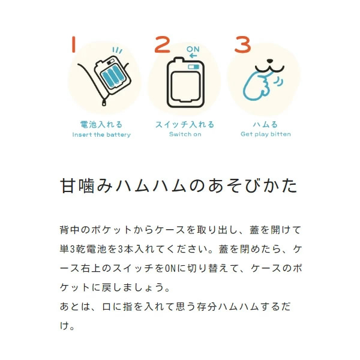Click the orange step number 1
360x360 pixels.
tap(73, 44)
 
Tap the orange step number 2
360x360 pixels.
tap(163, 44)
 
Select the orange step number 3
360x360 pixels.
tap(242, 44)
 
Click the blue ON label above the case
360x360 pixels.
tap(193, 49)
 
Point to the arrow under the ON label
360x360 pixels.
tap(193, 56)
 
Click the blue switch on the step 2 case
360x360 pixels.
tap(194, 67)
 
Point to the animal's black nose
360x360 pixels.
tap(270, 61)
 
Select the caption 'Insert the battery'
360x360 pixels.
tap(101, 134)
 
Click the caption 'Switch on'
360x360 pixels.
tap(185, 134)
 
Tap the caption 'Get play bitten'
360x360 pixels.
tap(266, 134)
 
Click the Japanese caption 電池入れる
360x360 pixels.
tap(101, 125)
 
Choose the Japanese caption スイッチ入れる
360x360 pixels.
tap(185, 125)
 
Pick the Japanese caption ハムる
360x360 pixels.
tap(265, 125)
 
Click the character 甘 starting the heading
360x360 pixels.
tap(68, 185)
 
